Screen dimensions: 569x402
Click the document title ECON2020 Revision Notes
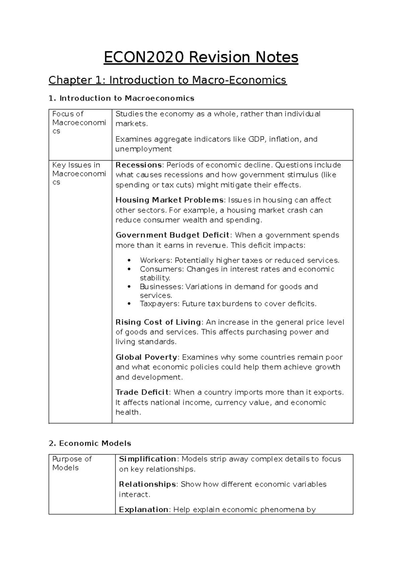click(201, 57)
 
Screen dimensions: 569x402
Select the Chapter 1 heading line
click(167, 80)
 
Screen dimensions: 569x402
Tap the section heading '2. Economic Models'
click(90, 443)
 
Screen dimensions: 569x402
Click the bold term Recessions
click(139, 165)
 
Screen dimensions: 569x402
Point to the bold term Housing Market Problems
click(170, 200)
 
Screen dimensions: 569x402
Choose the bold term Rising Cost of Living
click(158, 322)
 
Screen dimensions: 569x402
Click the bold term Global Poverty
click(146, 357)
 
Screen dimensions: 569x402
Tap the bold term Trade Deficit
click(142, 392)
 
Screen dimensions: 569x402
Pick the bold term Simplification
click(148, 459)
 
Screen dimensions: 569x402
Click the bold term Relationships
click(148, 484)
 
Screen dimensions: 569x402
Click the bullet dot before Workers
click(129, 261)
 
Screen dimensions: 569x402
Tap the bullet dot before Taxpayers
click(129, 304)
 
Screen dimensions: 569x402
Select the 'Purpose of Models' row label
click(72, 463)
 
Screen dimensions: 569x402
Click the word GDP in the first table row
click(256, 139)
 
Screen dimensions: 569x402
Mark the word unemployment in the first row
click(143, 149)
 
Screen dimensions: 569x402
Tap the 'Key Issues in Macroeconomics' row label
click(79, 173)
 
